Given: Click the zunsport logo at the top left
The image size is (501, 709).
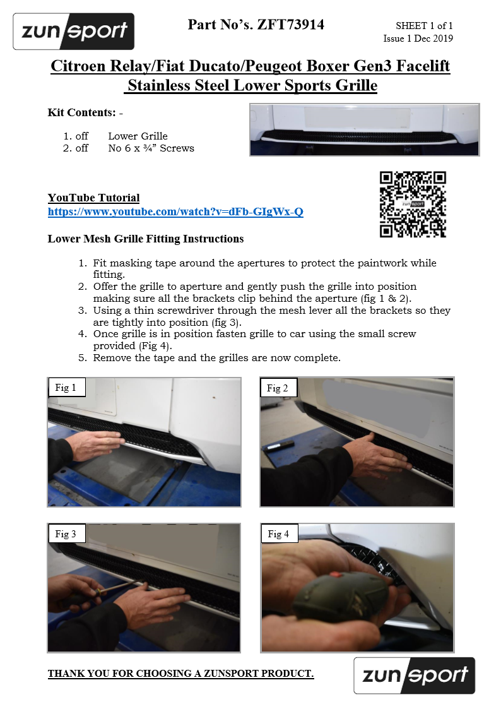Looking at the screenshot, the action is point(74,31).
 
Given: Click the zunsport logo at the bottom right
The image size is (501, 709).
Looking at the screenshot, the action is point(415,676).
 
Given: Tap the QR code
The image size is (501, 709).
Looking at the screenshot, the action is point(413,205).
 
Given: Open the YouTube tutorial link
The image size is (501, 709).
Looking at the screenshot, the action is point(175,212).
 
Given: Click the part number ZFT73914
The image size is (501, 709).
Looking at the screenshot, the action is point(290,25).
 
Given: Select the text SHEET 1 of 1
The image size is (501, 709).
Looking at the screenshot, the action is point(424,26).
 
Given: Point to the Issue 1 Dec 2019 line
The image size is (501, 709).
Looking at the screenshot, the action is point(418,39).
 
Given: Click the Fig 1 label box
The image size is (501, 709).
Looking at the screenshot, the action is point(66,388).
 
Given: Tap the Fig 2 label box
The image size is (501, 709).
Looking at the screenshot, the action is point(278,388).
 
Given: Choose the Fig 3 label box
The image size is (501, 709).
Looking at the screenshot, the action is point(66,533).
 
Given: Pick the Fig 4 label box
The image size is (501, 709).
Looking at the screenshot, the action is point(278,533).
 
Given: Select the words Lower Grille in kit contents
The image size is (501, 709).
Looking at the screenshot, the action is point(138,136).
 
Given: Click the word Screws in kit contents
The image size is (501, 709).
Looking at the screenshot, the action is point(177,148).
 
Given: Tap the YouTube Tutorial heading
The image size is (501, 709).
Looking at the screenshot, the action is point(93,198).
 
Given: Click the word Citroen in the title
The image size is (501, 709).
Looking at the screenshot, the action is point(78,66).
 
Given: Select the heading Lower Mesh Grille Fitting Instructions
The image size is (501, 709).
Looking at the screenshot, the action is point(146,239).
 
